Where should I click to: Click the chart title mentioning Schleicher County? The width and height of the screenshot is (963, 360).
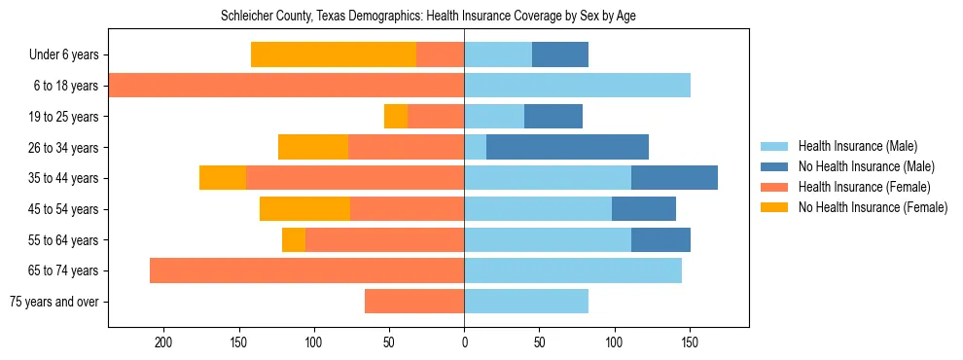(428, 17)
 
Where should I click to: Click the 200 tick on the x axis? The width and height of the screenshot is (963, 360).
(163, 343)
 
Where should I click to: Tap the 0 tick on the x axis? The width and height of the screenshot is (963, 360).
(464, 343)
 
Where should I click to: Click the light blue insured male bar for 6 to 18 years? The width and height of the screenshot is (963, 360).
(577, 86)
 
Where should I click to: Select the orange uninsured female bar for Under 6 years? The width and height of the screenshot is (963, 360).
(334, 54)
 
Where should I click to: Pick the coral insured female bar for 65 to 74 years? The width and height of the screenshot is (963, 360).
(306, 270)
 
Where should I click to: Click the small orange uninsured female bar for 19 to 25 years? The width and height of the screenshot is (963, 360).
(396, 117)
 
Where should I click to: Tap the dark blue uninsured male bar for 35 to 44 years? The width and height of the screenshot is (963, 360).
(674, 178)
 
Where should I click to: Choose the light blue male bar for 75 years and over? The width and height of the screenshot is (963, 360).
(526, 302)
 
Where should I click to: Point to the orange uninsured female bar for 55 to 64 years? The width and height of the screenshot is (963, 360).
(294, 239)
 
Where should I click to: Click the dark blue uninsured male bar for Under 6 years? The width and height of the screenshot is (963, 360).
(560, 54)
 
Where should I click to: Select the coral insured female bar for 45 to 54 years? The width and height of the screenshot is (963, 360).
(407, 209)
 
